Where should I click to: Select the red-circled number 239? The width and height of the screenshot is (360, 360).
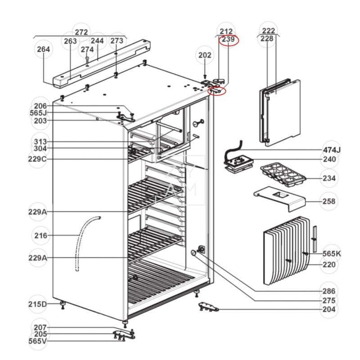click(x=229, y=40)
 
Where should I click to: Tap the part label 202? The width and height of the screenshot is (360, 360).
click(x=205, y=55)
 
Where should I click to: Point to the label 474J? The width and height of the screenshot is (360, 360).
click(x=331, y=149)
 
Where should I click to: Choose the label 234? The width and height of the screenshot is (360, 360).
click(x=329, y=178)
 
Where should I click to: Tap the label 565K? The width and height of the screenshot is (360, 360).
click(x=331, y=254)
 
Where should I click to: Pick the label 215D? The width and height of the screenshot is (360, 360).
click(x=38, y=304)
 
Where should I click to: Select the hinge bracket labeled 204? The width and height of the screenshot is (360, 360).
click(x=209, y=307)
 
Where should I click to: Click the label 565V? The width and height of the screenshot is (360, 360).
click(x=38, y=341)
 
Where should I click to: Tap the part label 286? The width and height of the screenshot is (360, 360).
click(x=329, y=291)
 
